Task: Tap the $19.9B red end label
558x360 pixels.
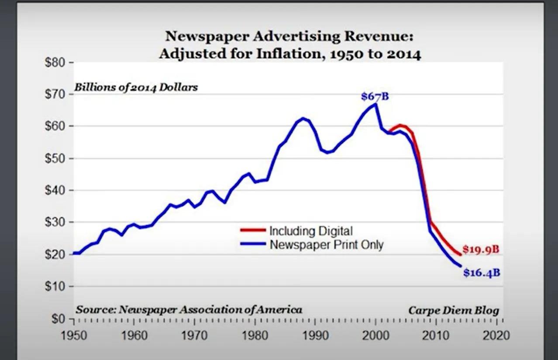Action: [481, 250]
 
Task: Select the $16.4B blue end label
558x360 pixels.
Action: [481, 273]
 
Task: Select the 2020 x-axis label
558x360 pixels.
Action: [497, 336]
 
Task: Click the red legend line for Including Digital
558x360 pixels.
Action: [252, 230]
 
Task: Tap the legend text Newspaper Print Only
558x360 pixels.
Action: [326, 244]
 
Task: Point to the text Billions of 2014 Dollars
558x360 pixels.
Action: [136, 87]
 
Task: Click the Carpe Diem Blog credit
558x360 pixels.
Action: [454, 311]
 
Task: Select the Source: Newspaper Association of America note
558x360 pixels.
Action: [189, 310]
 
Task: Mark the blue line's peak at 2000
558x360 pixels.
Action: [375, 104]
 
